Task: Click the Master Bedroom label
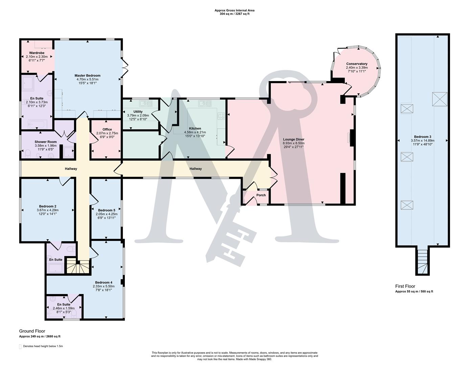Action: coord(87,75)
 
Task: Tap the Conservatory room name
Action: coord(357,64)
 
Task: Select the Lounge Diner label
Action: coord(293,139)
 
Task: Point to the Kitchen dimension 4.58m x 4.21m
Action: coord(195,132)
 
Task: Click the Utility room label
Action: coord(138,112)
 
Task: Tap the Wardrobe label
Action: coord(37,53)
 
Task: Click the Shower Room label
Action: coord(46,142)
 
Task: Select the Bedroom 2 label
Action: coord(47,206)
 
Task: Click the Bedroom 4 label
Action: coord(104,283)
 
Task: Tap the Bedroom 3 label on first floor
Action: coord(422,137)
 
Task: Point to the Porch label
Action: coord(261,195)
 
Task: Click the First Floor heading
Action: coord(405,286)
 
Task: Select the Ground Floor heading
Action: coord(32,331)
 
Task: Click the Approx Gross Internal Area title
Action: coord(234,10)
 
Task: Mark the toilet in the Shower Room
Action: coord(28,155)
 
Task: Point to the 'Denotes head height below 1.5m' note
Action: coord(43,346)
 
